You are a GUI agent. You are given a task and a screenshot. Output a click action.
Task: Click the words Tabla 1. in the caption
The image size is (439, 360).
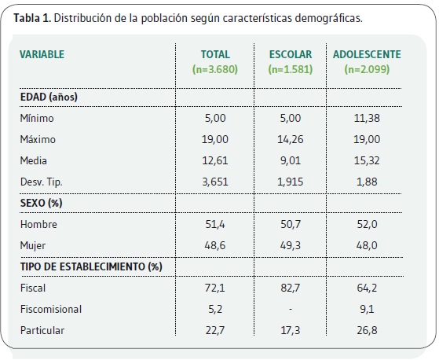pos(32,18)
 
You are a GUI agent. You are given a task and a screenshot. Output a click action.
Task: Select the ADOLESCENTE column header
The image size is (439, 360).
pos(367,54)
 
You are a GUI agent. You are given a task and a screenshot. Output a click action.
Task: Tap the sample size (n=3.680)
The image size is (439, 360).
pos(215,69)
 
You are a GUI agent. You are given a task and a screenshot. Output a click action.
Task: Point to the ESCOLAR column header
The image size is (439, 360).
pos(291,54)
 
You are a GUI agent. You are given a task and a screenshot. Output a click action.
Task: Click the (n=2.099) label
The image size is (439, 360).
pos(367,69)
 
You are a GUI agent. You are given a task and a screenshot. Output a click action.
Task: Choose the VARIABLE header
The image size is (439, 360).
pos(42,54)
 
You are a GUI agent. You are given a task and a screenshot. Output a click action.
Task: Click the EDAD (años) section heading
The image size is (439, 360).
pos(49,97)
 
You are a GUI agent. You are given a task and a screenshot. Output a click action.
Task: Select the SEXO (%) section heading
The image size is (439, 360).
pos(41,203)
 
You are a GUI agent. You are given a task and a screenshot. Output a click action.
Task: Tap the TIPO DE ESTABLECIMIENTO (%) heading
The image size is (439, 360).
pos(91,266)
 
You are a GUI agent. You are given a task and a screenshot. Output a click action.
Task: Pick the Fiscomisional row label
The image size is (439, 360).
pos(51,309)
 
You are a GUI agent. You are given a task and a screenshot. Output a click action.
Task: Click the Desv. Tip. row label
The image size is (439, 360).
pos(41,182)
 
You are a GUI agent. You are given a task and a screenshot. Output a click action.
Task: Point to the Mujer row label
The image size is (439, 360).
pos(33,246)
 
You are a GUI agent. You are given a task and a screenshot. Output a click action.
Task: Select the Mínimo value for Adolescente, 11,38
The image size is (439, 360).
pos(367,118)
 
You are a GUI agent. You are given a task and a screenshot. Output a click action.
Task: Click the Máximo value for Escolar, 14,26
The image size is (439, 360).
pos(291,139)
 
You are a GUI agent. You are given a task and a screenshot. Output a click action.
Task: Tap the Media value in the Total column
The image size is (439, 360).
pos(215,160)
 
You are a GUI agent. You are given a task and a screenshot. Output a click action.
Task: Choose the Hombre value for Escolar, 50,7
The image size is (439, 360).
pos(291,224)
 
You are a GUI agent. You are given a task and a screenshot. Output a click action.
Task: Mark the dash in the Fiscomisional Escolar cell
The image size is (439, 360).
pos(291,309)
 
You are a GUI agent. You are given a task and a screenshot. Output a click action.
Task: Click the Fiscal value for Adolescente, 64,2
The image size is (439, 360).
pos(367,288)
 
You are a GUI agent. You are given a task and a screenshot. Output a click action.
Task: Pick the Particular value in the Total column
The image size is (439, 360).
pos(215,330)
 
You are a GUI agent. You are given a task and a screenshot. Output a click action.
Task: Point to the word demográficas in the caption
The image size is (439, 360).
pos(329,19)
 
